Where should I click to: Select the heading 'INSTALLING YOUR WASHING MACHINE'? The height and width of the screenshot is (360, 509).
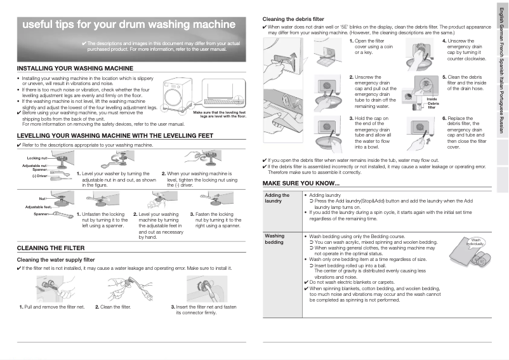[x=75, y=68]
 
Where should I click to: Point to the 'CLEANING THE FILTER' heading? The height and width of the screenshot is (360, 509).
[x=52, y=248]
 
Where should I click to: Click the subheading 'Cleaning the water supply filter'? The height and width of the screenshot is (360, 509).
[x=55, y=260]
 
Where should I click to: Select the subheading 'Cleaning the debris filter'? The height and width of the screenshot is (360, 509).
[x=293, y=19]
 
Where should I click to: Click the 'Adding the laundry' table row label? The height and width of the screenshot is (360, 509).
[x=277, y=198]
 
